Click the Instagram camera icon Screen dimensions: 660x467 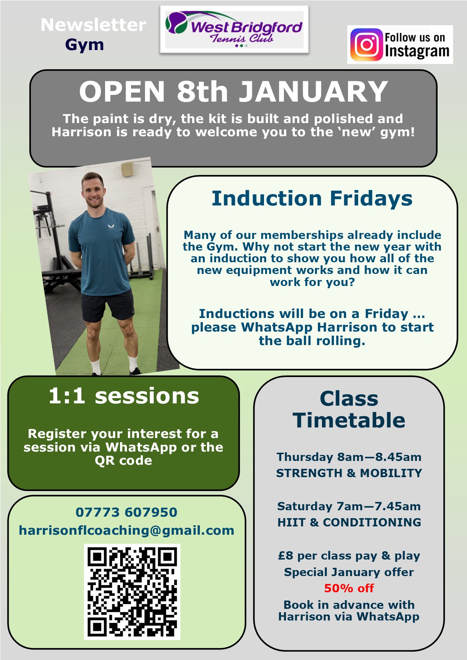[x=366, y=45]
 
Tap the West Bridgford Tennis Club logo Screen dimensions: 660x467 [x=234, y=30]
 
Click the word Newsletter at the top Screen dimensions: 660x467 [x=93, y=25]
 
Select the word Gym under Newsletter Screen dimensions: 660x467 [x=84, y=45]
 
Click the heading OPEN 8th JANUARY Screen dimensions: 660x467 [x=233, y=91]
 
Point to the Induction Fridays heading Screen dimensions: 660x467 [x=312, y=198]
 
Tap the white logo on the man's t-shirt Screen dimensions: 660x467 [x=111, y=227]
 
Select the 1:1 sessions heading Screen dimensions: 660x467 [x=124, y=396]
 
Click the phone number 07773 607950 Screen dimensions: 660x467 [x=126, y=512]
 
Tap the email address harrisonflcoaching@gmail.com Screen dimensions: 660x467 [x=127, y=530]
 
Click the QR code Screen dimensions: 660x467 [x=132, y=592]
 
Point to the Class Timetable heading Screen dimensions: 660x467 [x=349, y=409]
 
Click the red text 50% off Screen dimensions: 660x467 [x=349, y=588]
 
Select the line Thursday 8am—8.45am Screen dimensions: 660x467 [x=349, y=457]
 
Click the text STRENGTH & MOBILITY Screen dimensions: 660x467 [x=349, y=473]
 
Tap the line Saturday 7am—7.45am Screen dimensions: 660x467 [x=349, y=506]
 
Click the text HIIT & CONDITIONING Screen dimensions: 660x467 [x=349, y=522]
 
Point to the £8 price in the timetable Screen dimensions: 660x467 [x=285, y=556]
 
